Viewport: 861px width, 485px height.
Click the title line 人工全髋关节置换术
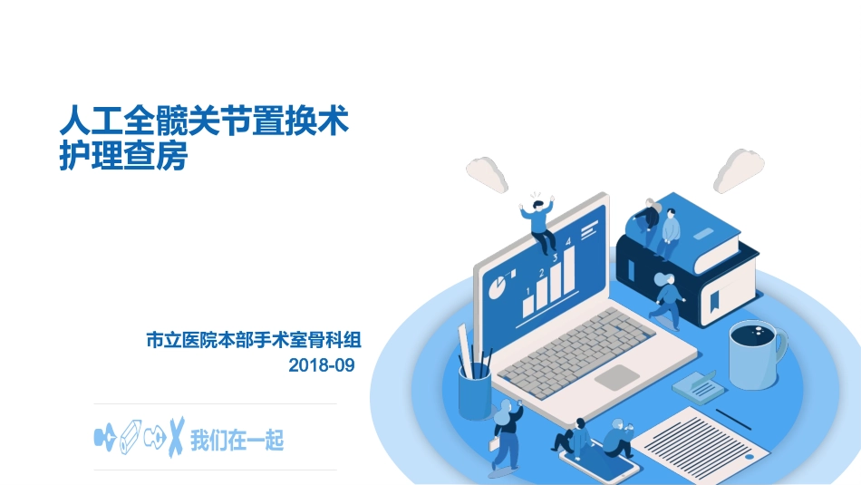tap(204, 121)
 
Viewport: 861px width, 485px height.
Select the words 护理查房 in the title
tap(122, 156)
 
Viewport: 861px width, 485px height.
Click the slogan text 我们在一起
tap(237, 441)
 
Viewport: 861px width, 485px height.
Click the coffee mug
tap(757, 353)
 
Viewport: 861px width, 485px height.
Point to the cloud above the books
tap(739, 170)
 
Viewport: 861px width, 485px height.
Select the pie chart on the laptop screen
tap(498, 288)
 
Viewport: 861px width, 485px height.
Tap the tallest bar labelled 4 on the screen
tap(567, 269)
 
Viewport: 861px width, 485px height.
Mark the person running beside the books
tap(669, 300)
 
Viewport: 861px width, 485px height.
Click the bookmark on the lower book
tap(716, 298)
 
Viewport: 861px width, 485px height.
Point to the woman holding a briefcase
tap(505, 435)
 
